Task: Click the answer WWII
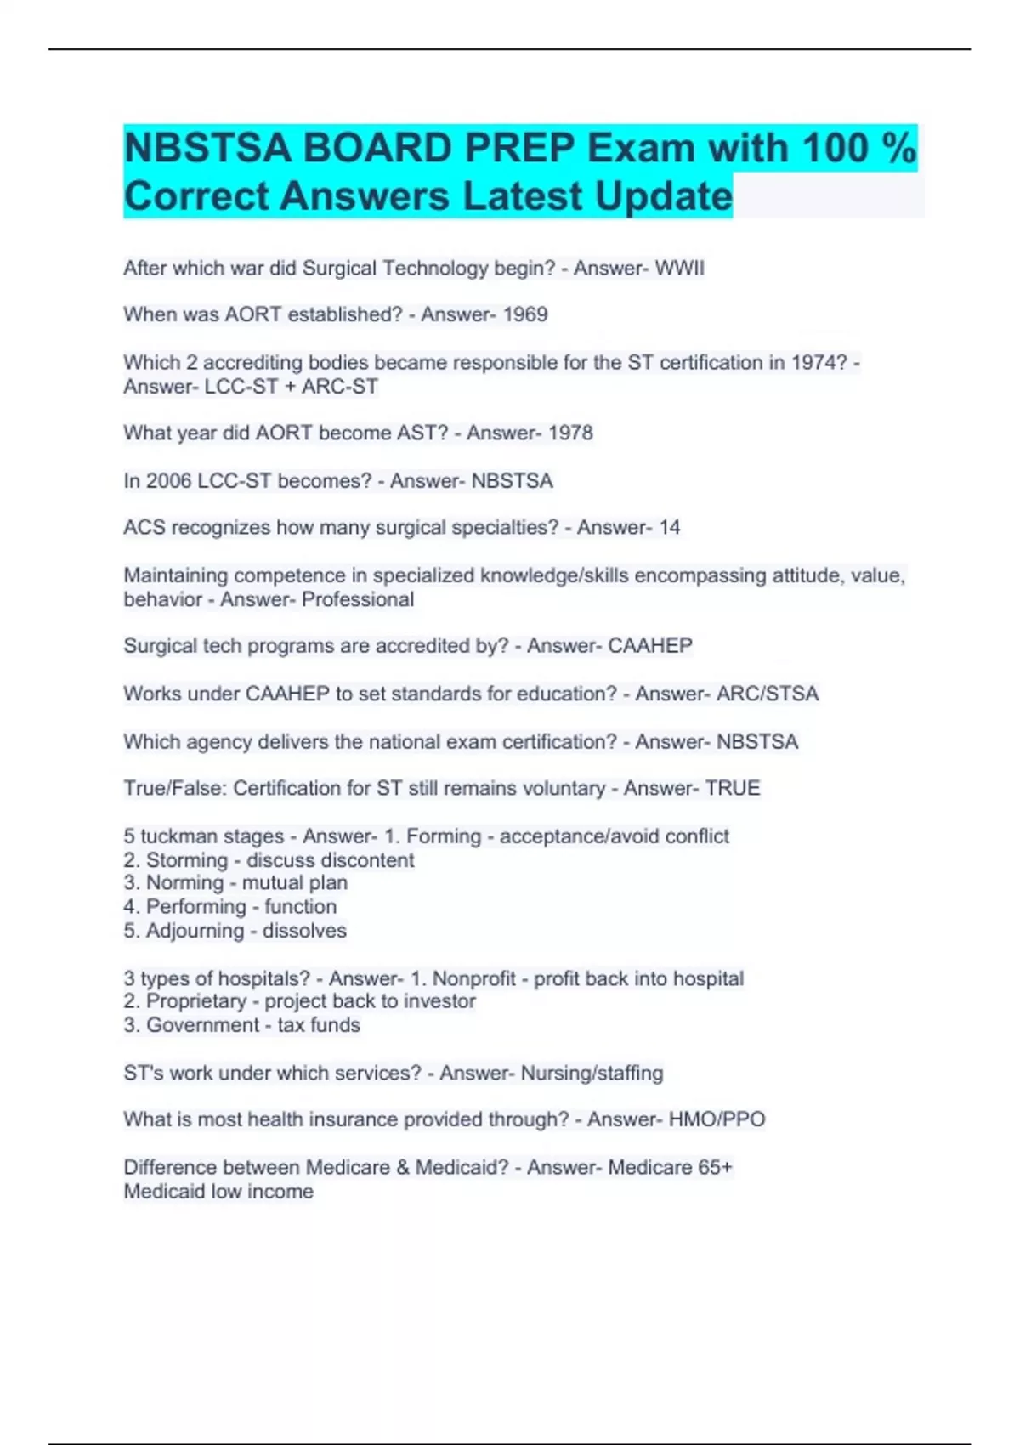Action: pyautogui.click(x=679, y=269)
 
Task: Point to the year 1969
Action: pyautogui.click(x=524, y=314)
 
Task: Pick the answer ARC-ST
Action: pyautogui.click(x=340, y=387)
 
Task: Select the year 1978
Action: pyautogui.click(x=570, y=433)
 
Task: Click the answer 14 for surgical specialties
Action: pyautogui.click(x=670, y=528)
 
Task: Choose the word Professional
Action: pyautogui.click(x=358, y=599)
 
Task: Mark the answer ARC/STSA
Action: pyautogui.click(x=767, y=694)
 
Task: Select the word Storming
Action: pyautogui.click(x=186, y=860)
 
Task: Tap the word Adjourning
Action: pyautogui.click(x=195, y=931)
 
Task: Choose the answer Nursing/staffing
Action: pyautogui.click(x=592, y=1073)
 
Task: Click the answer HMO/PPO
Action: pyautogui.click(x=717, y=1119)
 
